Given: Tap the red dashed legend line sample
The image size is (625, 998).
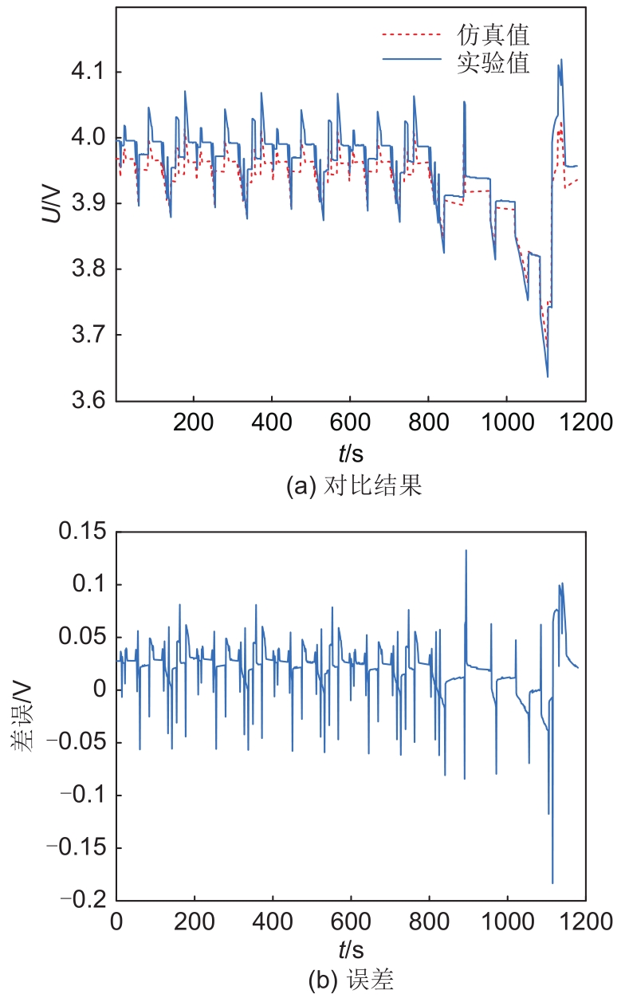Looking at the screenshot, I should (x=411, y=35).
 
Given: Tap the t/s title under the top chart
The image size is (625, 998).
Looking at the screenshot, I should (x=351, y=454).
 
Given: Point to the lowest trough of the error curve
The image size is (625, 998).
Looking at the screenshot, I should (x=552, y=882).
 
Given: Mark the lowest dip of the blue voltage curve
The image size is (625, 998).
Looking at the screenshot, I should (x=548, y=376).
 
